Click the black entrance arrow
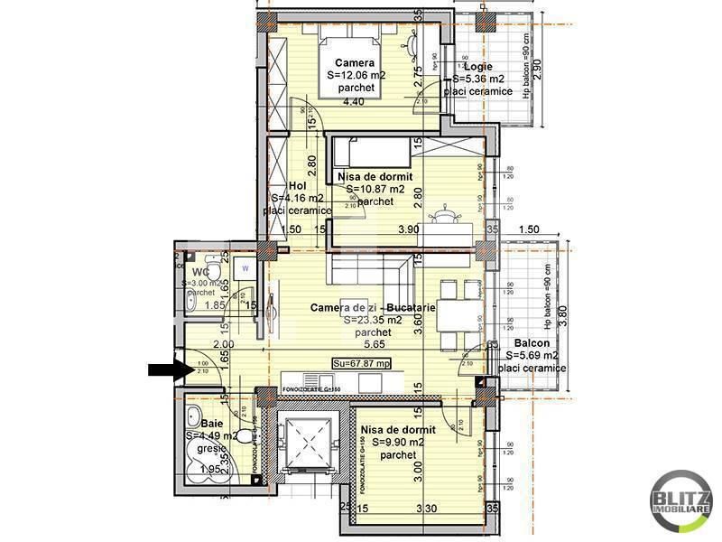pyautogui.click(x=168, y=368)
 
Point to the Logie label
pyautogui.click(x=479, y=66)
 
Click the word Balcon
pyautogui.click(x=533, y=343)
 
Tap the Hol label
pyautogui.click(x=285, y=186)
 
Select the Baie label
pyautogui.click(x=212, y=423)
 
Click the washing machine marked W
pyautogui.click(x=245, y=268)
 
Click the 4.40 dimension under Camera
pyautogui.click(x=354, y=101)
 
